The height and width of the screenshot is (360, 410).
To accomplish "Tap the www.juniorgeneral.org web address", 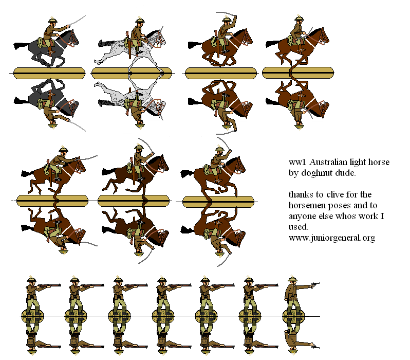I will coord(331,238).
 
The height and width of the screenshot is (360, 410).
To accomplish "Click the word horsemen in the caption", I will coord(308,205).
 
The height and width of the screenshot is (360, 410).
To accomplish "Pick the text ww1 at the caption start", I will coord(295,163).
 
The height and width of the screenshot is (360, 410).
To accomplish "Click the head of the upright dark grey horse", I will coord(72,37).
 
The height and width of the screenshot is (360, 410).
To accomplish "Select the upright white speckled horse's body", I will coord(123,49).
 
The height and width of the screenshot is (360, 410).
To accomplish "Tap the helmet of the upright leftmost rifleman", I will coord(31,279).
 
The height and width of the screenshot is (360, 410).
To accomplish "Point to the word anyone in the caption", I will coord(303,216).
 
